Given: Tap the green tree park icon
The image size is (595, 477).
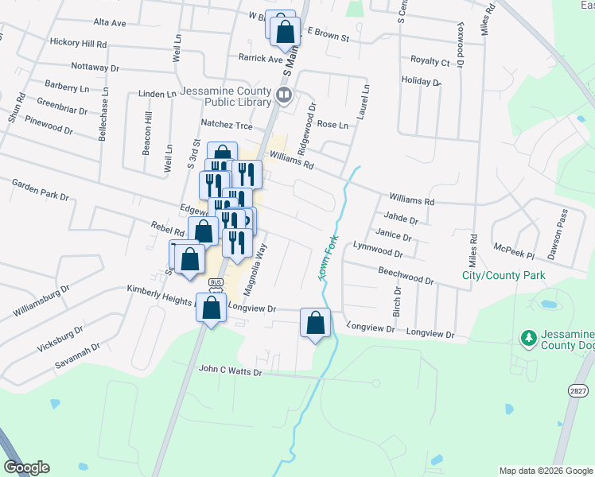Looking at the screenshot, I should pyautogui.click(x=527, y=338).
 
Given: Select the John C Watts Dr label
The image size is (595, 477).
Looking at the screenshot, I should pyautogui.click(x=230, y=370).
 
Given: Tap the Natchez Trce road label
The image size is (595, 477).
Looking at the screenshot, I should pyautogui.click(x=226, y=126).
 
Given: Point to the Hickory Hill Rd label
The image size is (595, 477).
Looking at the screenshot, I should pyautogui.click(x=77, y=41).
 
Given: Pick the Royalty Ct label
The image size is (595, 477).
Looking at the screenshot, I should pyautogui.click(x=430, y=61).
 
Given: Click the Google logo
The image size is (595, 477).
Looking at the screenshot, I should pyautogui.click(x=25, y=467).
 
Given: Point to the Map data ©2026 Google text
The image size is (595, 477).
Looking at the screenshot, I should pyautogui.click(x=545, y=471).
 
